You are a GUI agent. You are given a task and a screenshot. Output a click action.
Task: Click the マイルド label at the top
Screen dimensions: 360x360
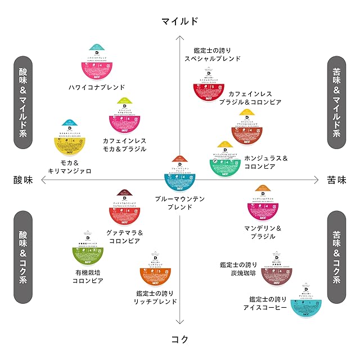coord(179,21)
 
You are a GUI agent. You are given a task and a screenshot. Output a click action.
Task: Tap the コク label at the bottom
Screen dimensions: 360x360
coord(179,339)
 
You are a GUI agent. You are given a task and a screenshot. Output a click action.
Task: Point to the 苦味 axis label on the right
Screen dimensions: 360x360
coord(336,180)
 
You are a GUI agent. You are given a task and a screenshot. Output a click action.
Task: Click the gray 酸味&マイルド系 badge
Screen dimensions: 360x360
coord(22,102)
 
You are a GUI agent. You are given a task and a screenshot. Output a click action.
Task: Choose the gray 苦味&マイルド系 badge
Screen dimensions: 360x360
coord(336,102)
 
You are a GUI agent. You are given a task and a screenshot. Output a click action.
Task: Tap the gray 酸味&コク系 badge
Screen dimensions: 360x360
coord(22,258)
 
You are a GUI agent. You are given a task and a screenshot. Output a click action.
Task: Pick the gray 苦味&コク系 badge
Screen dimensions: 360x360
coord(336,258)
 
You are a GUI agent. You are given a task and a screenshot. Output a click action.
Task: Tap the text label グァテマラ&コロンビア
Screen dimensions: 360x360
coord(123,237)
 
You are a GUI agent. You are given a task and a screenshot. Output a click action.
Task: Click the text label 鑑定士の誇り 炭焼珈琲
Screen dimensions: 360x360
coord(238,269)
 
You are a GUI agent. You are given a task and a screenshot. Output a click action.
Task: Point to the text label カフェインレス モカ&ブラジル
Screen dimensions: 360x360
coord(124,145)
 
